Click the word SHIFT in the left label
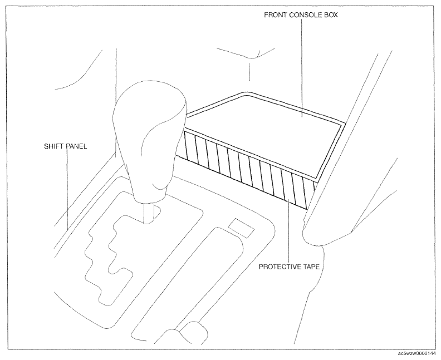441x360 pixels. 52,146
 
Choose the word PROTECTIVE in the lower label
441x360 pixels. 280,267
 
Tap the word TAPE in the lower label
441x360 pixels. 311,267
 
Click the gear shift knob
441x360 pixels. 150,141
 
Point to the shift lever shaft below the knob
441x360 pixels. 149,213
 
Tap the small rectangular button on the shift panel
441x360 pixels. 241,228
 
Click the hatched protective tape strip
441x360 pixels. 247,169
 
